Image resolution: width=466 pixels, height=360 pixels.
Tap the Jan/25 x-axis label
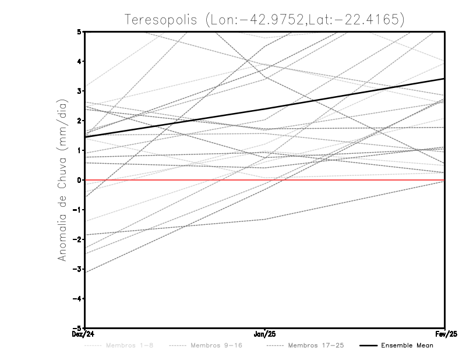265,334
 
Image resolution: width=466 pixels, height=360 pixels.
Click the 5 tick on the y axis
79,31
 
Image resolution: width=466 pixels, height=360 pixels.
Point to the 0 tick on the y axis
79,180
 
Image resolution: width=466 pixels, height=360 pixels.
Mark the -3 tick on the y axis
77,269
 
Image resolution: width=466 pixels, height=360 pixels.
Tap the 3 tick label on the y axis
79,91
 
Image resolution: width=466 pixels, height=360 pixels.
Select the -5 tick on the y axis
77,329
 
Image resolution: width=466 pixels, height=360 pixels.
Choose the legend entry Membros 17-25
316,345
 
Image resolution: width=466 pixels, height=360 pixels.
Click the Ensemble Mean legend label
407,345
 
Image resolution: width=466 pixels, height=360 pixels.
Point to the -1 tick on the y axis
77,210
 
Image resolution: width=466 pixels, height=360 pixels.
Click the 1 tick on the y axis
79,150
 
